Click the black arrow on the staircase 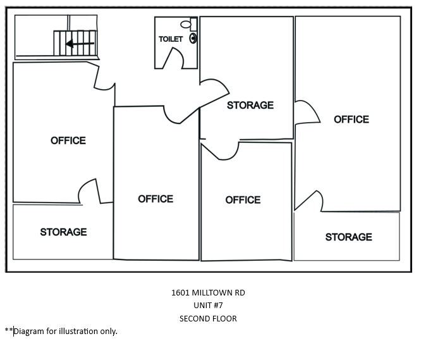click(80, 44)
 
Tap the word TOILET click(171, 39)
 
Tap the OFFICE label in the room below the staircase click(68, 140)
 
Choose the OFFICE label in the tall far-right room click(351, 120)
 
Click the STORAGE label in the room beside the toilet click(250, 105)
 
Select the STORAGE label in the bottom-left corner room click(63, 232)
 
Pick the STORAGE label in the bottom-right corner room click(348, 237)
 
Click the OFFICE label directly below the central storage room click(243, 200)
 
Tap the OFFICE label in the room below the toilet click(156, 199)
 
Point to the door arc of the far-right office click(306, 112)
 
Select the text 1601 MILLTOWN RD click(208, 293)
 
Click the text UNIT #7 click(208, 306)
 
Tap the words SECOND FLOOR click(208, 318)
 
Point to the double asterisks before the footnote click(8, 330)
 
